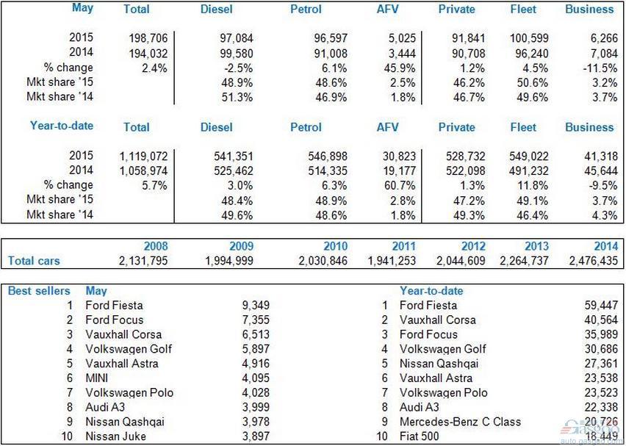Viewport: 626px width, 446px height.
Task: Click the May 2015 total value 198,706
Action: (x=148, y=38)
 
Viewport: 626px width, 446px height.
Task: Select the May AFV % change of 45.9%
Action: (x=400, y=68)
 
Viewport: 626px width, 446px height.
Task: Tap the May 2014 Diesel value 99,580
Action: (x=237, y=54)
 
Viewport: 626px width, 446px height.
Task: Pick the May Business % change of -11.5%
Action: (x=600, y=68)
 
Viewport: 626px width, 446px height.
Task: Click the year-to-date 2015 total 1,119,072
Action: (x=144, y=156)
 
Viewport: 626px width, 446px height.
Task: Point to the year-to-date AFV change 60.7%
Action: (x=400, y=186)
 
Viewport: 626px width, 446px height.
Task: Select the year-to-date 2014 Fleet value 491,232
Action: (x=528, y=171)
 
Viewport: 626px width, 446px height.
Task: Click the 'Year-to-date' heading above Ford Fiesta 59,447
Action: (x=431, y=291)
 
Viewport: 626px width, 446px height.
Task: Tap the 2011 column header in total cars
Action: (x=403, y=246)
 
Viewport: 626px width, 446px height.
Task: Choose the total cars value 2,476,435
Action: (x=594, y=261)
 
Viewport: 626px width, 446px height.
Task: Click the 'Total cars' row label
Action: (x=34, y=261)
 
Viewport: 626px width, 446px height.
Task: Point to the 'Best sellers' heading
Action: (x=39, y=291)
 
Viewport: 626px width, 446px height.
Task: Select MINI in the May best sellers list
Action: (x=96, y=378)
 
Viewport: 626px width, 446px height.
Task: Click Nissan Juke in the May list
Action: (x=116, y=436)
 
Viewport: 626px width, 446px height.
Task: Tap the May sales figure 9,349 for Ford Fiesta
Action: (x=256, y=306)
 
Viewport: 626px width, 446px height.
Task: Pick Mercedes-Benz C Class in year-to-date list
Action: (x=461, y=422)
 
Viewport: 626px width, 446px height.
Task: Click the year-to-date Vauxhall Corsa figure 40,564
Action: (x=601, y=320)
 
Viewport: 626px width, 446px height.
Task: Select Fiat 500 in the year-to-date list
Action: (x=420, y=436)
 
